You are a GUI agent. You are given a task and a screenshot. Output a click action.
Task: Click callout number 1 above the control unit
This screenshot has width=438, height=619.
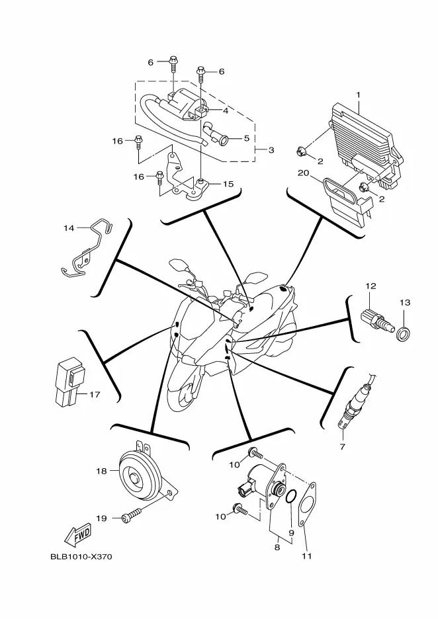tap(358, 95)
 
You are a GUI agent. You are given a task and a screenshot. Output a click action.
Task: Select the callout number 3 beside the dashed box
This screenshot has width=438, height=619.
tap(271, 150)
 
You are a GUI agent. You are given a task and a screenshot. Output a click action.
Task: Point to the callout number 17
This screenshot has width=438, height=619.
tap(95, 395)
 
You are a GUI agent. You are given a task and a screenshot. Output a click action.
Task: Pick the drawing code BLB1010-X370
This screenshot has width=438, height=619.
tap(81, 556)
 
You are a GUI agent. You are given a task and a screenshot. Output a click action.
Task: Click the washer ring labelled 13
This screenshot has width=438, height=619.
tap(402, 330)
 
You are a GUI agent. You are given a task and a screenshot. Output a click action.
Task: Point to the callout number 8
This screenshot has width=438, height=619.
tap(278, 547)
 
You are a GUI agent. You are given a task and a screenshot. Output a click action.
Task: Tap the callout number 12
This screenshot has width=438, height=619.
tap(371, 286)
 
